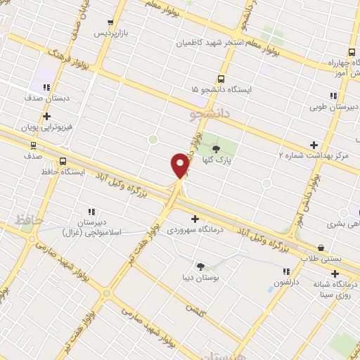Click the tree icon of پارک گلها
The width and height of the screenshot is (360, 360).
tap(216, 148)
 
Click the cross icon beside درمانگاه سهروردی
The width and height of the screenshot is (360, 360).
tap(195, 219)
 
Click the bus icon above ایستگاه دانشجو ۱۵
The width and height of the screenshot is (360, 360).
tap(221, 79)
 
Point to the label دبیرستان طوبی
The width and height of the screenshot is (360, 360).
tap(334, 107)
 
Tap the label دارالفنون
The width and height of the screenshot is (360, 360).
tap(286, 283)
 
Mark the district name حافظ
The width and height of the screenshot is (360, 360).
tap(30, 221)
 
